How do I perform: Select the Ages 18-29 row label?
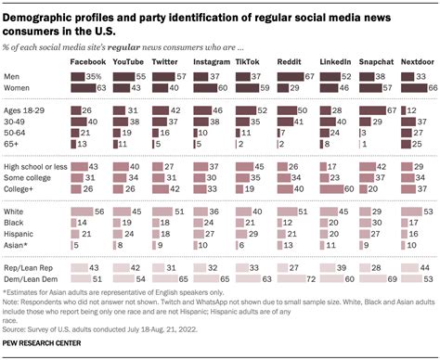pos(26,110)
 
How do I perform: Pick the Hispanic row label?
pos(22,234)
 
